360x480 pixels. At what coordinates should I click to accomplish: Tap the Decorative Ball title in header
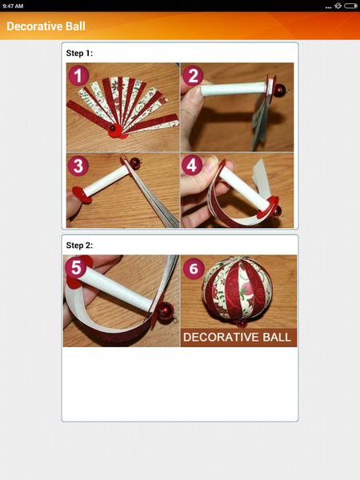click(x=46, y=26)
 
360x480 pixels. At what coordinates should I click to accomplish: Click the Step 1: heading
click(x=80, y=54)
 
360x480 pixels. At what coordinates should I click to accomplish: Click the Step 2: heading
click(x=80, y=246)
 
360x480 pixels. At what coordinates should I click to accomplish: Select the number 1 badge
click(x=77, y=76)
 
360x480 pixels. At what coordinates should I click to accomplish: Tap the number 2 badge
click(x=193, y=76)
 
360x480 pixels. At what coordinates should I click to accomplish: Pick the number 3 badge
click(x=77, y=166)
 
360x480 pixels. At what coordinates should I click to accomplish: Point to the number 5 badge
click(x=76, y=268)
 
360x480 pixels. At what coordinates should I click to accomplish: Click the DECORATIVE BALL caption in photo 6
click(x=238, y=337)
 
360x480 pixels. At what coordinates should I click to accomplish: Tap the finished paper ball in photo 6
click(x=238, y=292)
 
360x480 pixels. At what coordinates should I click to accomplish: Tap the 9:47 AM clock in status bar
click(x=13, y=6)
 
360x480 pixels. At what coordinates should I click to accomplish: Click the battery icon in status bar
click(x=350, y=6)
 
